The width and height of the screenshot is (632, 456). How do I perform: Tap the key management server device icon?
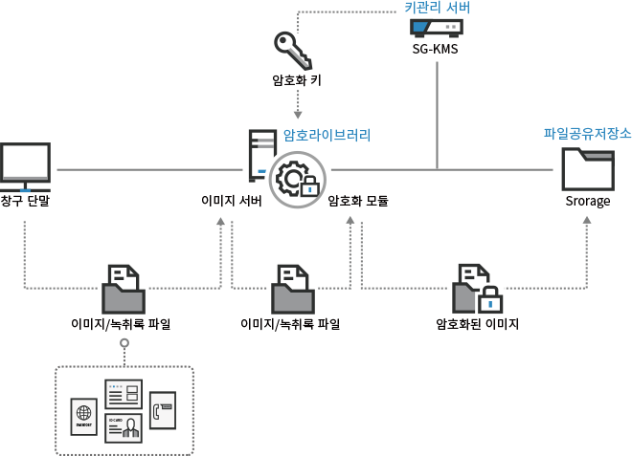[437, 27]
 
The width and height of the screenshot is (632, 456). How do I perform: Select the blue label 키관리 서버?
[437, 8]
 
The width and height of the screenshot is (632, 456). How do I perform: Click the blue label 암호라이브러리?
[327, 135]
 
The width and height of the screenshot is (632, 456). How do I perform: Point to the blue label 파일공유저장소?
[587, 133]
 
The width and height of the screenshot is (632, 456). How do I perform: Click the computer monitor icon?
[25, 164]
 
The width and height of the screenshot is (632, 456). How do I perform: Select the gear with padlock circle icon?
[296, 179]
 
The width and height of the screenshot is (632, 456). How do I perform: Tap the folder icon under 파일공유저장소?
[588, 169]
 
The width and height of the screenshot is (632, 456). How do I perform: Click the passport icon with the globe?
[84, 417]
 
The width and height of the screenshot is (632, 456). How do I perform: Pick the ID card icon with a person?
[124, 426]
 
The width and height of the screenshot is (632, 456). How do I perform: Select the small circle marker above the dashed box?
[124, 341]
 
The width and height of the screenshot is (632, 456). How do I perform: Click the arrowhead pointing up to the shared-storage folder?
[586, 220]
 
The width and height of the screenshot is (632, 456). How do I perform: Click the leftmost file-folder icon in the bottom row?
[124, 288]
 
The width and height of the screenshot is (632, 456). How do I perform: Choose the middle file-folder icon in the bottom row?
[292, 288]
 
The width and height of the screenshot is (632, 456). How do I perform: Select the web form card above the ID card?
[124, 393]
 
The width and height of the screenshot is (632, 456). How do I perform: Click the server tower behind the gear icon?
[256, 156]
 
